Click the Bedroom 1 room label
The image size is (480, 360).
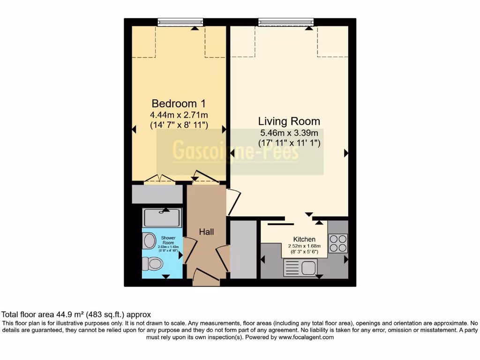point(179,103)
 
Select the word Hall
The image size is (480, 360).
point(206,232)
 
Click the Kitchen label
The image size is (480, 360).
point(304,239)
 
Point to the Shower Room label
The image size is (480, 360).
point(168,240)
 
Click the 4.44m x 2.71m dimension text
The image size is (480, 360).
point(179,115)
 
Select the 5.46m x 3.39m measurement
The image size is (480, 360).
point(289,133)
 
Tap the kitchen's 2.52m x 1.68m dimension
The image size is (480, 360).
point(304,246)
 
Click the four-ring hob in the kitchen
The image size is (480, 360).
point(337,243)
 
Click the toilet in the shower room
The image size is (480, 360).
point(152,264)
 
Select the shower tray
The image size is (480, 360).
point(162,218)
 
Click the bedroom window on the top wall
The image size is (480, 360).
point(180,22)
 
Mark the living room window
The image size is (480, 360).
point(285,22)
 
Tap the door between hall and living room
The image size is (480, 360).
point(233,202)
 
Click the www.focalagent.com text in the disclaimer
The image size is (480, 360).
point(306,337)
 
